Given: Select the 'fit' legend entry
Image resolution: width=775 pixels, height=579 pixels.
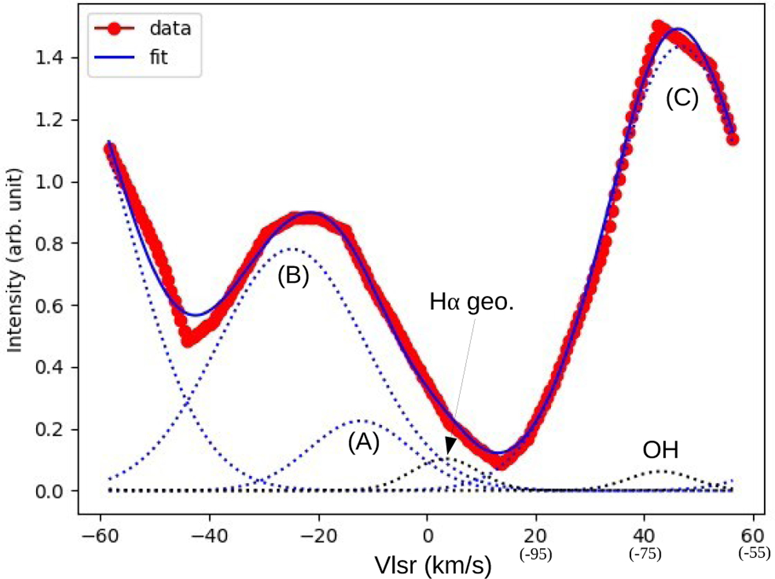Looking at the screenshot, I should (x=156, y=57).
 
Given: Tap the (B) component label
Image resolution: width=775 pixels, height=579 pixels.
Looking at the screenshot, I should (x=293, y=276).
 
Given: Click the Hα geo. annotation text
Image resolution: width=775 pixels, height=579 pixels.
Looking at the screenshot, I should (x=471, y=302).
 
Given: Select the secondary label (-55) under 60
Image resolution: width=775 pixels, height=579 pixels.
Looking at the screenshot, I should (x=753, y=554).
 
